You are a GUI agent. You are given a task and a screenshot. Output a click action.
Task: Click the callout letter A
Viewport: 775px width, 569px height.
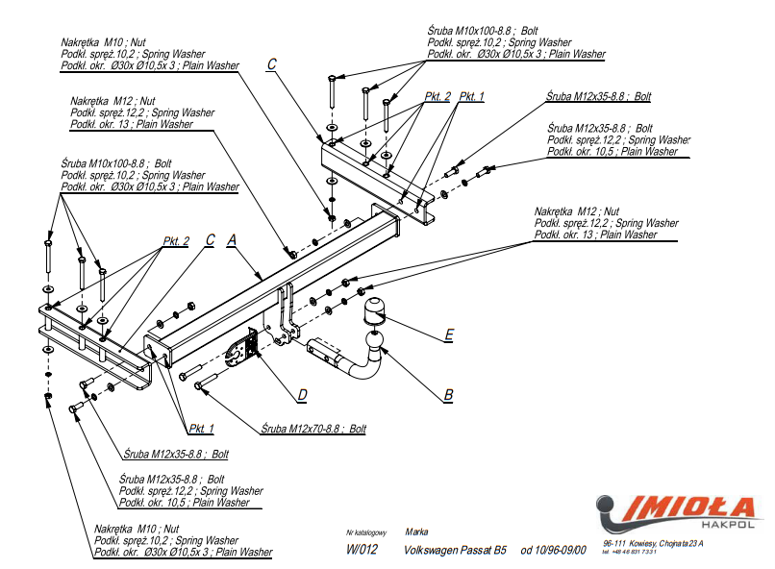click(232, 240)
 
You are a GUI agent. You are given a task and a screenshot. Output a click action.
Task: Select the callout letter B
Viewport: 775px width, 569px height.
click(448, 394)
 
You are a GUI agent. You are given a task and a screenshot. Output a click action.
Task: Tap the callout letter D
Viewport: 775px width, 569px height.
click(302, 394)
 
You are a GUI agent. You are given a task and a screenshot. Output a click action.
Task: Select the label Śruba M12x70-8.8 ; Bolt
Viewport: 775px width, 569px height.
click(313, 429)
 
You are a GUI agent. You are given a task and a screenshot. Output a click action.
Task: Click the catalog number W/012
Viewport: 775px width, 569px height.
click(362, 550)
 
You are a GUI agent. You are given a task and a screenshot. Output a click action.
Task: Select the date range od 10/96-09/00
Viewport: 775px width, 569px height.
click(553, 550)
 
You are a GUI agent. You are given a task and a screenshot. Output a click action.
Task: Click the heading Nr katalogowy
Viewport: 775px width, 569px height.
click(365, 532)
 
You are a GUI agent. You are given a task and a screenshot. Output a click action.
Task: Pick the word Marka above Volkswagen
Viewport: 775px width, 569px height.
click(416, 532)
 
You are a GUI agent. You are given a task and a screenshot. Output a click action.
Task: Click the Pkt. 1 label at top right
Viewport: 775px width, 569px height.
click(471, 96)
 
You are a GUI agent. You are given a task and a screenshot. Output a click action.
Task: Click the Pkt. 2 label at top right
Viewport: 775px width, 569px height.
click(437, 96)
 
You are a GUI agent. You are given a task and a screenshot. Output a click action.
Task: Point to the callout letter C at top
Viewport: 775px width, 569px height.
click(272, 64)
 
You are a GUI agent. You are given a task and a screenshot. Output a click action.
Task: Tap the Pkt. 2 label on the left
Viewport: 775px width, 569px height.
click(176, 240)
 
